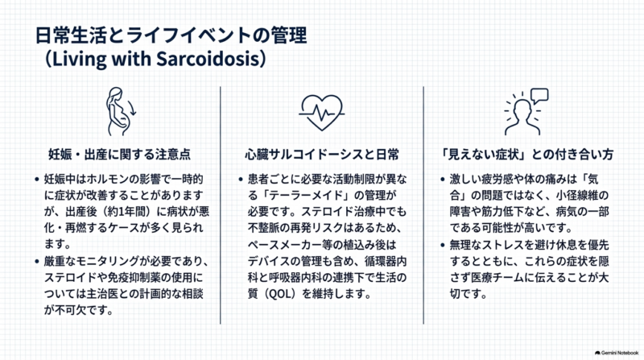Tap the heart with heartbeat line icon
click(321, 113)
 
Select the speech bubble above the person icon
click(539, 96)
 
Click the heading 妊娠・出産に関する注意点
click(119, 154)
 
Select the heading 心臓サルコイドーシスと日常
click(322, 154)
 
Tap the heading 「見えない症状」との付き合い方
click(526, 154)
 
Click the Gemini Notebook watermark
click(617, 353)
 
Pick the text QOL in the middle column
click(280, 294)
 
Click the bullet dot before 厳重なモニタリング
click(37, 262)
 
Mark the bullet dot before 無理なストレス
click(442, 245)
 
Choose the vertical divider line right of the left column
click(220, 205)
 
